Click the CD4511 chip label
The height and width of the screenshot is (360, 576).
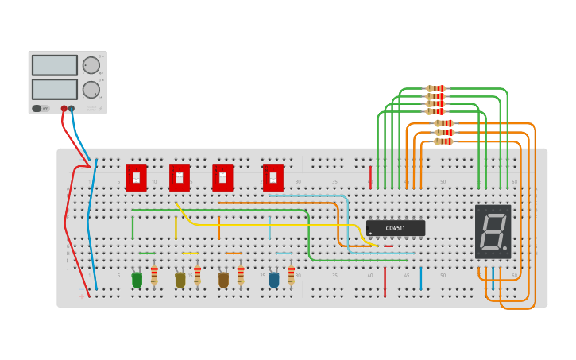click(396, 228)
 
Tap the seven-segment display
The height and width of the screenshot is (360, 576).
click(493, 231)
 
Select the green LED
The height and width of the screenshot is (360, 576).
click(137, 280)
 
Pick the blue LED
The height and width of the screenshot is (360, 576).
click(274, 280)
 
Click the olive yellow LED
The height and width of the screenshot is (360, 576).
click(180, 280)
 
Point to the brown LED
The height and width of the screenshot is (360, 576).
click(223, 280)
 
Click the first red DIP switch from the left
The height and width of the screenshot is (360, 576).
click(136, 177)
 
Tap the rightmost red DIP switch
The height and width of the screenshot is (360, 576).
click(273, 177)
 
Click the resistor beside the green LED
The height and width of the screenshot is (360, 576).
click(154, 275)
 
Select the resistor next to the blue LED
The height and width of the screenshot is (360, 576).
click(292, 275)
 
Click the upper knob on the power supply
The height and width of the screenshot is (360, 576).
click(91, 65)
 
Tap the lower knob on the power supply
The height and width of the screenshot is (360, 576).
click(91, 89)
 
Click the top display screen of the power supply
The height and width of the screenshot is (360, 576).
click(55, 65)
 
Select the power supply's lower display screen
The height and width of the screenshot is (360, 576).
click(55, 89)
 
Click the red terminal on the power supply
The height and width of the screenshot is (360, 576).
click(64, 109)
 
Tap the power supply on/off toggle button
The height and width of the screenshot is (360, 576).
click(37, 108)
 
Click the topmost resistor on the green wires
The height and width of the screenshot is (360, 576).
click(435, 88)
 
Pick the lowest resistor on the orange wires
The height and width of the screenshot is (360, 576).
click(443, 141)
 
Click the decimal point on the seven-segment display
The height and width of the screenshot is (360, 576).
click(504, 248)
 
